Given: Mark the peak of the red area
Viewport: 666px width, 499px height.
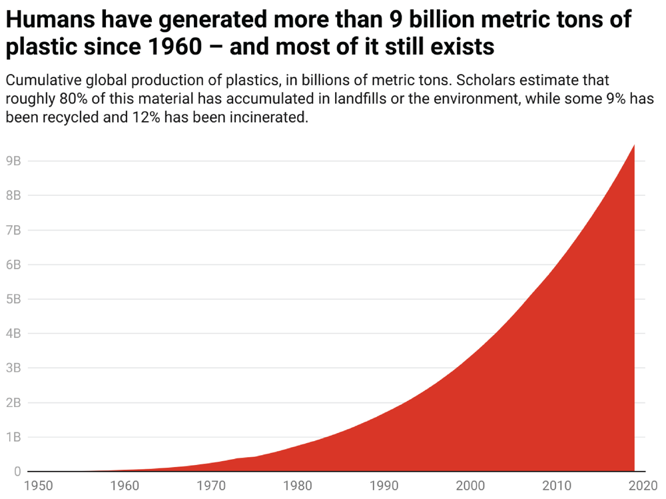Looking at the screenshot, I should [633, 145].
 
